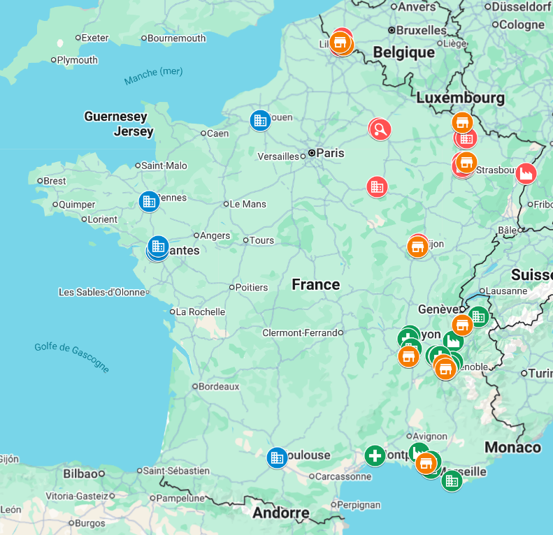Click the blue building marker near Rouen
tap(260, 120)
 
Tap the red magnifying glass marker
tap(380, 129)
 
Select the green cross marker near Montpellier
tap(375, 456)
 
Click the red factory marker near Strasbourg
tap(526, 173)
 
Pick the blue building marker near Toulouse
tap(278, 457)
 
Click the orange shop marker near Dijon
tap(417, 247)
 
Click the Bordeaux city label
tap(219, 386)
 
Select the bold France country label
tap(316, 284)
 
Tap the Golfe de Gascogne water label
tap(72, 357)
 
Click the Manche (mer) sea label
tap(153, 75)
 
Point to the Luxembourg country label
tap(460, 98)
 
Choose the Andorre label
tap(280, 513)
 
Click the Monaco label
tap(512, 447)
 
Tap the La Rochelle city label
tap(201, 312)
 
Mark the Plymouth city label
tap(78, 60)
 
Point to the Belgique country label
tap(403, 52)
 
